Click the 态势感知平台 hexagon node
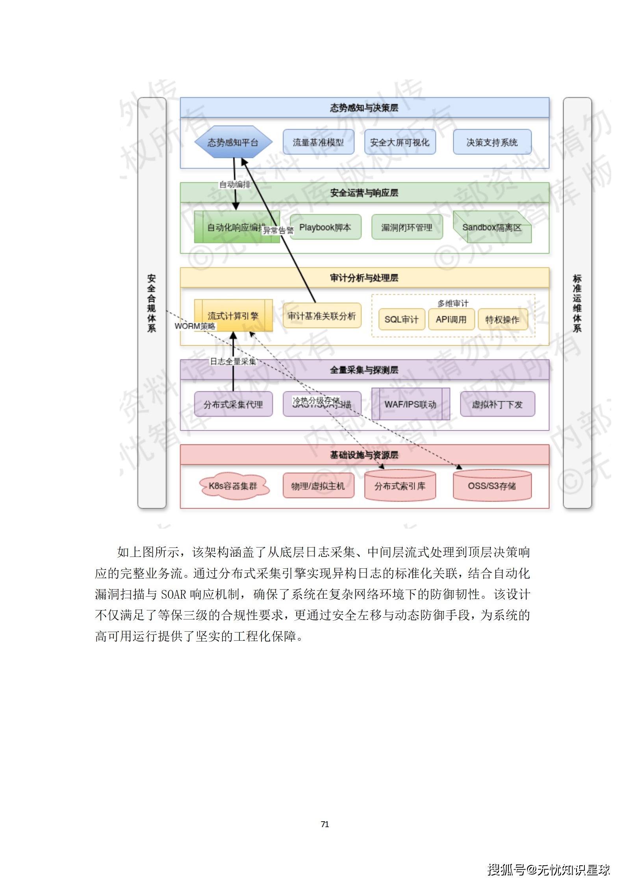tap(233, 142)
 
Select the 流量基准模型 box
tap(318, 142)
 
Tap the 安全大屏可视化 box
tap(400, 142)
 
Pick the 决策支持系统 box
tap(492, 142)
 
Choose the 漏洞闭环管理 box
tap(407, 227)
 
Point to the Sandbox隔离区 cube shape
tap(492, 227)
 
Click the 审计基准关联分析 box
tap(322, 315)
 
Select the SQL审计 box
tap(401, 319)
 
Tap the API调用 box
tap(451, 319)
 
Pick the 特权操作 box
tap(502, 319)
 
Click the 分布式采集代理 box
tap(233, 404)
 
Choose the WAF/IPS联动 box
tap(410, 404)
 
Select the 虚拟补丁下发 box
tap(497, 404)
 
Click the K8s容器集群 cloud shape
tap(233, 486)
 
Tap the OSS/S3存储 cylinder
tap(492, 486)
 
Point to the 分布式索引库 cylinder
tap(400, 486)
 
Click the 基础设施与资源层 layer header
tap(364, 455)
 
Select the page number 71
tap(325, 824)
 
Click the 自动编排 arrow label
tap(235, 184)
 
